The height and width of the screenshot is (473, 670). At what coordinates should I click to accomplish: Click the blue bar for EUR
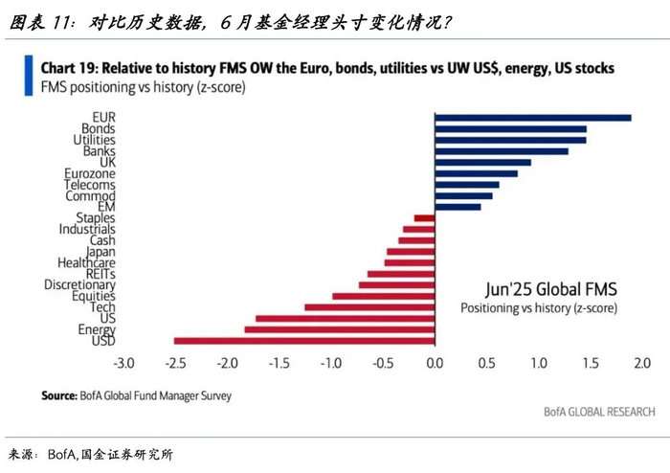tap(532, 118)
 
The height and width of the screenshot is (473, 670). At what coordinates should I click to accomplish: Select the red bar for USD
tap(303, 340)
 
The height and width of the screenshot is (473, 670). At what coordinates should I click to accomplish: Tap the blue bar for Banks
tap(501, 151)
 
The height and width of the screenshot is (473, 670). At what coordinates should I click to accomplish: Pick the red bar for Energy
tap(339, 329)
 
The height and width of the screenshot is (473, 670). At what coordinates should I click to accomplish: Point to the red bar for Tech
tap(368, 307)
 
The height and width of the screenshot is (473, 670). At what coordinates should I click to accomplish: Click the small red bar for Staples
tap(424, 218)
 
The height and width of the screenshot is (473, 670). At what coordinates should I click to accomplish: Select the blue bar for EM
tap(458, 206)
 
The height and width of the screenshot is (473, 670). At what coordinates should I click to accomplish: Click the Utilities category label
tap(94, 140)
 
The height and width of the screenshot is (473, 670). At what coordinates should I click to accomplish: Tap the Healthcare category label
tap(86, 262)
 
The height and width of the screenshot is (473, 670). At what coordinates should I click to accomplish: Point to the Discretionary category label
tap(79, 284)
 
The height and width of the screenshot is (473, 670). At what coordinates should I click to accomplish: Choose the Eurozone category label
tap(91, 173)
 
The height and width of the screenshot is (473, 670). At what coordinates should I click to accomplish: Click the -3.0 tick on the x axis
tap(123, 364)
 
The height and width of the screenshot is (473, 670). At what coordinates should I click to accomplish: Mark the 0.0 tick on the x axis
tap(435, 364)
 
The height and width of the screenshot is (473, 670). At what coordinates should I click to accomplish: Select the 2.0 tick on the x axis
tap(641, 364)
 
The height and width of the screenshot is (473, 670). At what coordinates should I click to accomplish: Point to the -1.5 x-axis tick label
tap(279, 364)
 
